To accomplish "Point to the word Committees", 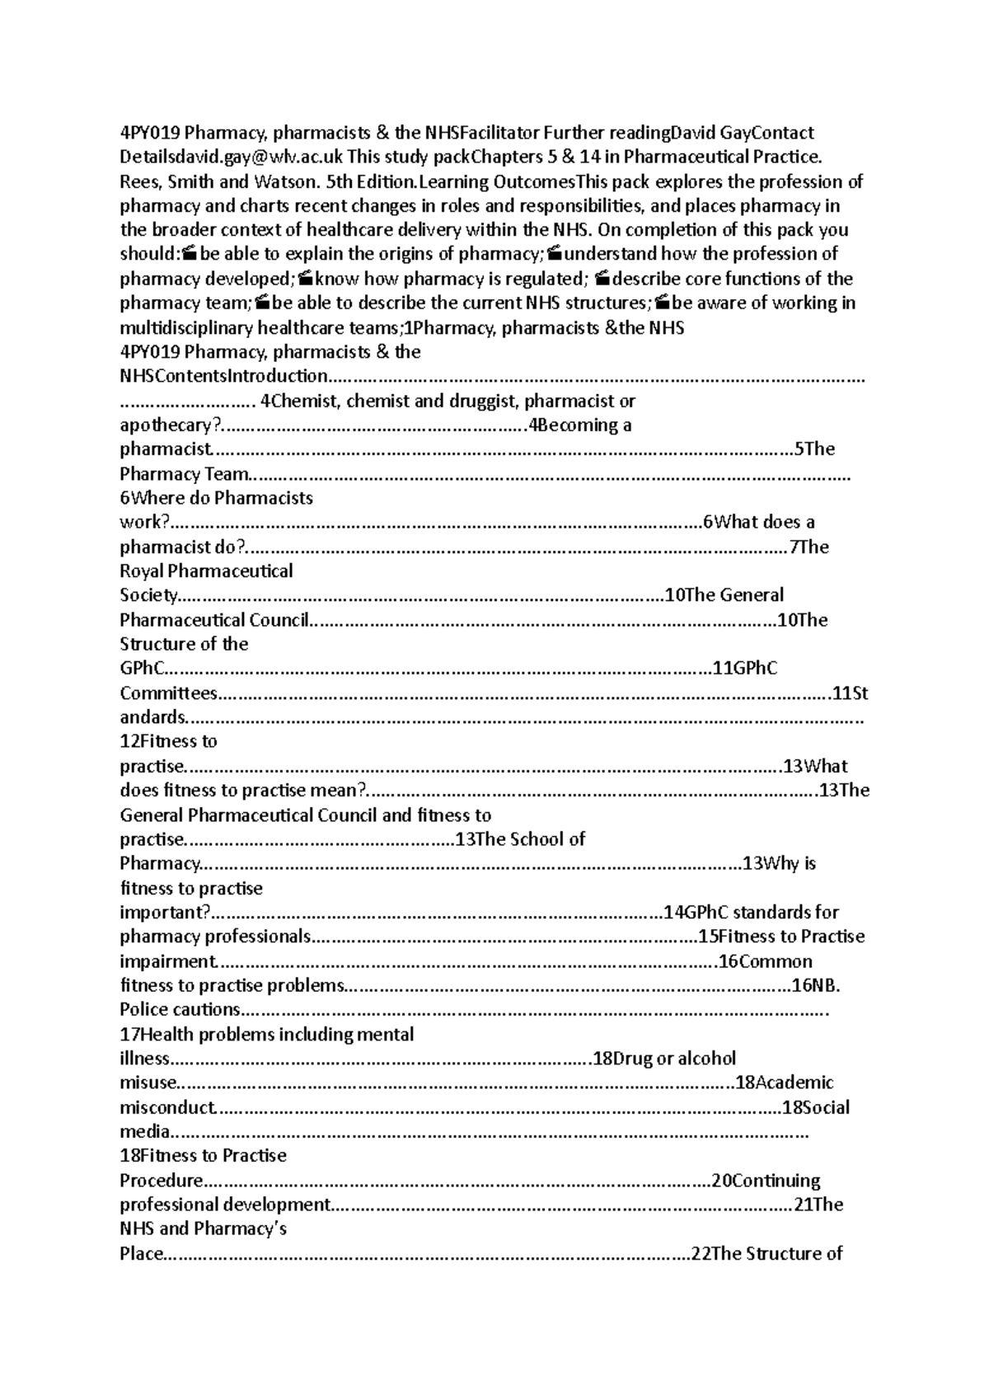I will pyautogui.click(x=169, y=693).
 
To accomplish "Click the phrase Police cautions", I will pyautogui.click(x=180, y=1010).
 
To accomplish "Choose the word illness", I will pyautogui.click(x=144, y=1059).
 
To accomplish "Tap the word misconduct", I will pyautogui.click(x=167, y=1107).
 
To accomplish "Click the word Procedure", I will pyautogui.click(x=162, y=1181).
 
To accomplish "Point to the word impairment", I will pyautogui.click(x=168, y=961).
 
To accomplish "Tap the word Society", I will pyautogui.click(x=148, y=595).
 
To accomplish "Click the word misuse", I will pyautogui.click(x=148, y=1083).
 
